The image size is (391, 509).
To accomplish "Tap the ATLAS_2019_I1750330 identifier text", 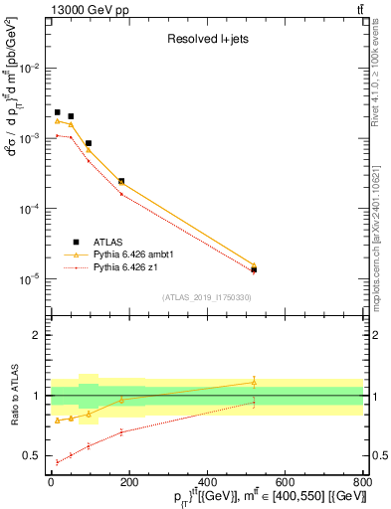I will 207,297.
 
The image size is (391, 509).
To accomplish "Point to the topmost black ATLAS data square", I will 58,113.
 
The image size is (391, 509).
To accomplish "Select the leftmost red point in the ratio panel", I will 58,462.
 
